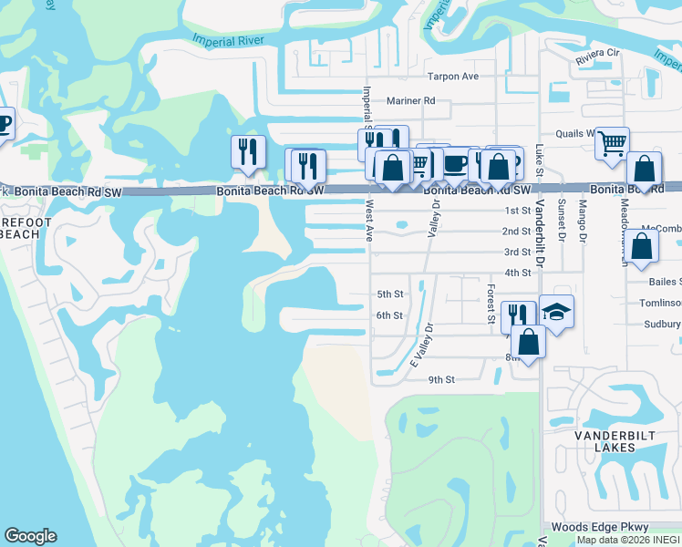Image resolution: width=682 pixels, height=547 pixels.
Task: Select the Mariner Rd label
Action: point(411,101)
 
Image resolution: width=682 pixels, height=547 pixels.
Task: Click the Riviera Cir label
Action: point(597,61)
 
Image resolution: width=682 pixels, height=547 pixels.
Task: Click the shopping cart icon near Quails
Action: point(612,141)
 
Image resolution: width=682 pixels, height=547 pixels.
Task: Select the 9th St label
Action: point(441,379)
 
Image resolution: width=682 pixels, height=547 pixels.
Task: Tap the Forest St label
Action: point(491,303)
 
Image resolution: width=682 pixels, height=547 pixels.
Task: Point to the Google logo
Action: point(30,536)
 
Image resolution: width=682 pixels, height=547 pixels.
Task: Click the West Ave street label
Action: point(370,221)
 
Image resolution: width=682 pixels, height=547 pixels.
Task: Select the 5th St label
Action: point(389,294)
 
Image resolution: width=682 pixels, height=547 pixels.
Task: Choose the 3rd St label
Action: point(517,253)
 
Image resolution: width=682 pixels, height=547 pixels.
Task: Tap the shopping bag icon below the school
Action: point(528,343)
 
